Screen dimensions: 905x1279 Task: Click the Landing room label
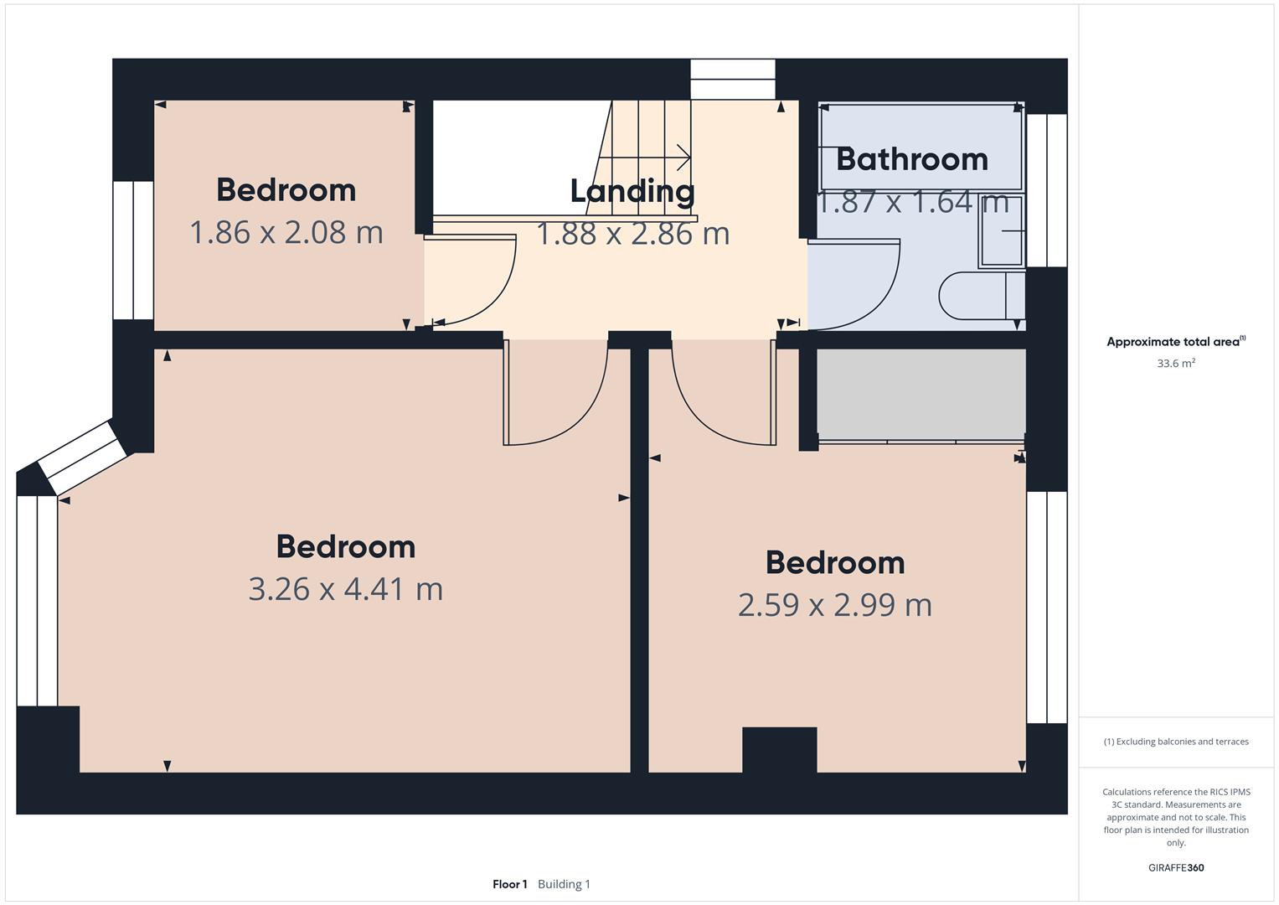(632, 191)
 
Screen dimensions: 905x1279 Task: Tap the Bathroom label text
(911, 159)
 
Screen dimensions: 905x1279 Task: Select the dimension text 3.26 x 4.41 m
(345, 589)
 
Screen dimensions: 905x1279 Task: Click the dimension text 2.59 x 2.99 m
(834, 605)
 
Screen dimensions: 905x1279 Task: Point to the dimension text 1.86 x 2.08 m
(286, 232)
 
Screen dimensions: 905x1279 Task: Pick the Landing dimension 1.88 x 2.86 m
(632, 234)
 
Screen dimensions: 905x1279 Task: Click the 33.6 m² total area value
(1175, 364)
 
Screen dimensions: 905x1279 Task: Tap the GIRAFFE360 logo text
(1175, 868)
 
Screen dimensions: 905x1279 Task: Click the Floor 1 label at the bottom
(509, 884)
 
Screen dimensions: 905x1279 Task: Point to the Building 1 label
(564, 884)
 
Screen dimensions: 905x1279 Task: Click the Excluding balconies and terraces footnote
(1175, 742)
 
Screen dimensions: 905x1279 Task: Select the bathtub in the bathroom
(921, 147)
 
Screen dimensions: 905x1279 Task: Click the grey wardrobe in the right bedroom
(921, 393)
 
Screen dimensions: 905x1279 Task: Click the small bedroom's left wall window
(133, 250)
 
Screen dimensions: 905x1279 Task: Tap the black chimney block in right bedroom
(779, 749)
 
